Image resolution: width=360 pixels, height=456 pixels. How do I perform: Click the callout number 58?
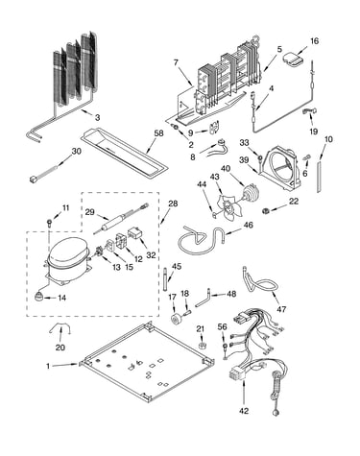coord(158,133)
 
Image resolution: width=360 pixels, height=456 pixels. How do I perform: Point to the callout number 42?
coord(244,411)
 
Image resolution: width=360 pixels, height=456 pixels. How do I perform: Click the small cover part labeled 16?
coord(294,60)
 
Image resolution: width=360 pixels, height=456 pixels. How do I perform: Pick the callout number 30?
coord(76,151)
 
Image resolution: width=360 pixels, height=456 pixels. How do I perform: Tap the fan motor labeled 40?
coord(250,194)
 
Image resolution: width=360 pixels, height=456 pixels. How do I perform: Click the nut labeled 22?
coord(265,210)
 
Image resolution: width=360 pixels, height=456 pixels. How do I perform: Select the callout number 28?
coord(174,204)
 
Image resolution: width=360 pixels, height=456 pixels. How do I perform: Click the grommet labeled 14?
coord(38,297)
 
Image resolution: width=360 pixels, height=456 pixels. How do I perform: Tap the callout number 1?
coord(48,366)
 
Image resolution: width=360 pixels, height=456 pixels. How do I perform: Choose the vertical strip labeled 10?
coord(319,178)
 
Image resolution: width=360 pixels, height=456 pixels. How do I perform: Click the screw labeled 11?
coord(49,222)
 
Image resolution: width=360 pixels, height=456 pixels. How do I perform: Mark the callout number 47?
coord(281,309)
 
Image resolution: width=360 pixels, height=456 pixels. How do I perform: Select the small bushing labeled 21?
coord(201,346)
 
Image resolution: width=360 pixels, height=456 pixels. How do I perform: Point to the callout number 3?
coord(97,117)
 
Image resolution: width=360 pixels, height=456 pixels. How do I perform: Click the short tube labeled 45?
coord(165,279)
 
